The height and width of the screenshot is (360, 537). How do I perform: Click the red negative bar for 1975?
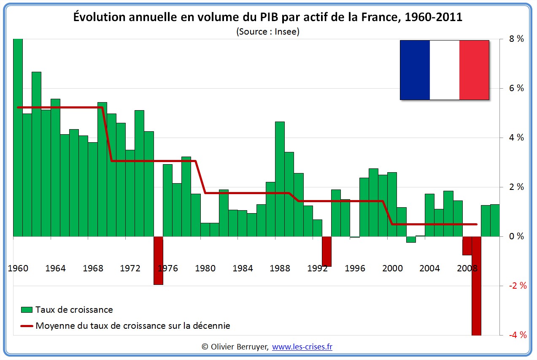158,260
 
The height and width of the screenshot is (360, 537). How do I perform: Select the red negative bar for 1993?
327,252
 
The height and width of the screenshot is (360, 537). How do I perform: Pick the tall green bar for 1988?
280,179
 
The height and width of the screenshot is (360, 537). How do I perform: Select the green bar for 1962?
36,154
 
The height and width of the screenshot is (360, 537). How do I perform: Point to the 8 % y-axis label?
516,39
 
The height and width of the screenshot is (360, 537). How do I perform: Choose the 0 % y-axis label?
516,236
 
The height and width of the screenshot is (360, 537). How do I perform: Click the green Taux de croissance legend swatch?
27,310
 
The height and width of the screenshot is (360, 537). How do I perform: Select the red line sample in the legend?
27,326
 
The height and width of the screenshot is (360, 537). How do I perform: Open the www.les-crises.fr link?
302,347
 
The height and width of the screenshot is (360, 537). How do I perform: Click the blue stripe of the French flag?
415,70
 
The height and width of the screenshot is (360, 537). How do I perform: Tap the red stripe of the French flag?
474,70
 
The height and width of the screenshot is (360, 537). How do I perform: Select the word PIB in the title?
256,17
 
